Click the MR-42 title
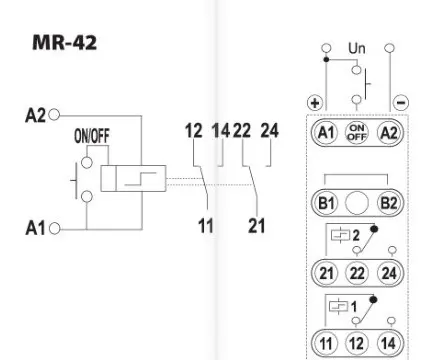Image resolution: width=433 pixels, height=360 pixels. tap(65, 42)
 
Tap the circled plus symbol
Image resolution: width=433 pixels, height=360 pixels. tap(315, 103)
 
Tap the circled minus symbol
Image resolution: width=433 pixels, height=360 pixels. tap(401, 102)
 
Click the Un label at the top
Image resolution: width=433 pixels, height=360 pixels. tap(357, 48)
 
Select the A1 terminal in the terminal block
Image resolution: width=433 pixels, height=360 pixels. tap(326, 133)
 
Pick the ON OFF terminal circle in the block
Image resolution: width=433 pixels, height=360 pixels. tap(357, 133)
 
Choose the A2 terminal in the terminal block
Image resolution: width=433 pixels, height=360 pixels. tap(389, 133)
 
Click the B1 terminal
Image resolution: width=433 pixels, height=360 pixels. tap(326, 203)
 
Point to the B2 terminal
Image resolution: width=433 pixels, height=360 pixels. tap(389, 203)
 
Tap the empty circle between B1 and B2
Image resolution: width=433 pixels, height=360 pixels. tap(357, 203)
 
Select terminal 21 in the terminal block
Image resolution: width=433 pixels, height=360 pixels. tap(326, 273)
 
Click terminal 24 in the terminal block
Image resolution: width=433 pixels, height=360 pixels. tap(389, 273)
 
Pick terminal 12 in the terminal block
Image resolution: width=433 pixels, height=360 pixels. tap(357, 343)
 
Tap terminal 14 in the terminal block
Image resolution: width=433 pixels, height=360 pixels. tap(389, 343)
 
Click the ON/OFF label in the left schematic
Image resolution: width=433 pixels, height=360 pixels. tap(92, 136)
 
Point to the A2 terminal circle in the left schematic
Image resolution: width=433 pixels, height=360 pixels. tap(54, 115)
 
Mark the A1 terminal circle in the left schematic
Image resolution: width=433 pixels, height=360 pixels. tap(55, 229)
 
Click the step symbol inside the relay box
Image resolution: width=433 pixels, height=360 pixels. tap(140, 179)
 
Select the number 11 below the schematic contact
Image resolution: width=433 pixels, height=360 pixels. tap(206, 226)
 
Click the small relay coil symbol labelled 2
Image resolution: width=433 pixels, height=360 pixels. tap(340, 235)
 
